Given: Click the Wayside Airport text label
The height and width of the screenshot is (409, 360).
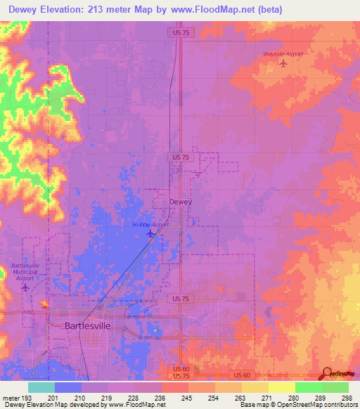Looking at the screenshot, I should [284, 53].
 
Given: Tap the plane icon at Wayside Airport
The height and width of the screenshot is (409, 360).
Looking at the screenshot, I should [284, 64].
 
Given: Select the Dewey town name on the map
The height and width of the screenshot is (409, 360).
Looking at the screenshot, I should [181, 202].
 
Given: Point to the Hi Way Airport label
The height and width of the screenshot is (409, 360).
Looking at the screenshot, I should [150, 224].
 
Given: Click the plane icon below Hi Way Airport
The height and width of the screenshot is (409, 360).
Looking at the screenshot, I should [150, 234].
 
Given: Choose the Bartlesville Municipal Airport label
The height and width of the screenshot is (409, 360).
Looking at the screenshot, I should [26, 271].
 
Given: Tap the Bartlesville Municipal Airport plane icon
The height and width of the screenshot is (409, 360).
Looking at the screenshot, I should [26, 286].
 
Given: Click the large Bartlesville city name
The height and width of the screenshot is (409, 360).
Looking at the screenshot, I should [88, 326].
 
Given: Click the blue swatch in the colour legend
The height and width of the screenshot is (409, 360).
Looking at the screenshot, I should [67, 387].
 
